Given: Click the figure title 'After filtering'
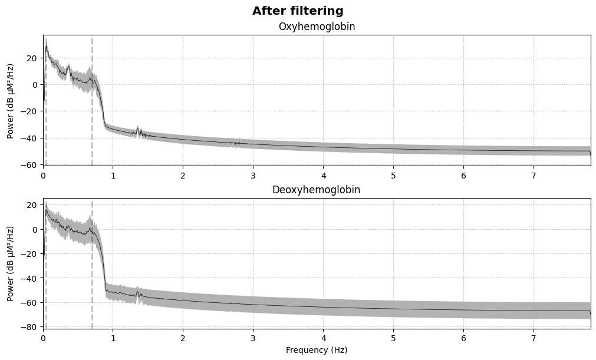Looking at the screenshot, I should click(x=298, y=11).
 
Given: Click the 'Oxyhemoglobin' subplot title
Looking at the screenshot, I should click(x=317, y=27).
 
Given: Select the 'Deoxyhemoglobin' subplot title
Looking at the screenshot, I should click(x=317, y=190).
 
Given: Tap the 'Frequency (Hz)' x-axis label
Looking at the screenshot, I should click(x=317, y=350).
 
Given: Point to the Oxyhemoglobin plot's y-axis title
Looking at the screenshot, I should click(x=11, y=100).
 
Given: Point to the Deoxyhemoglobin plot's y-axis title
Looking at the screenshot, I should click(x=11, y=263).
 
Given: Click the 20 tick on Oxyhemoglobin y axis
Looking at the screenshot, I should click(x=31, y=58).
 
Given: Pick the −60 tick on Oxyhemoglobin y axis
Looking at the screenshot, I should click(x=28, y=165).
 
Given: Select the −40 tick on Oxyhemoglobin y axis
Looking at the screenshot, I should click(x=28, y=138).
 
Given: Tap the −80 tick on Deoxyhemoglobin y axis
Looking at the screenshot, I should click(x=28, y=327).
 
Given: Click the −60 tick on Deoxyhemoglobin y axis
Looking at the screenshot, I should click(x=28, y=302).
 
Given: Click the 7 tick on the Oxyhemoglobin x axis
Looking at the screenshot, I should click(x=534, y=176).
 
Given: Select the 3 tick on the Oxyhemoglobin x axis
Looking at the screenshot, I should click(x=253, y=176).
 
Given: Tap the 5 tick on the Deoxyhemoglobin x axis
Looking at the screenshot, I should click(x=393, y=338).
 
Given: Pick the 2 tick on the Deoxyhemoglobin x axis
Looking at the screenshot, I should click(x=183, y=338).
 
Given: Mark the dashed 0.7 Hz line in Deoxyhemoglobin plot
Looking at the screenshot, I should click(x=92, y=283).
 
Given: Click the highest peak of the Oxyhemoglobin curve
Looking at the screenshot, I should click(x=47, y=45).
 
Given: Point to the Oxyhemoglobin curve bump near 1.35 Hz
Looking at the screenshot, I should click(x=138, y=129).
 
